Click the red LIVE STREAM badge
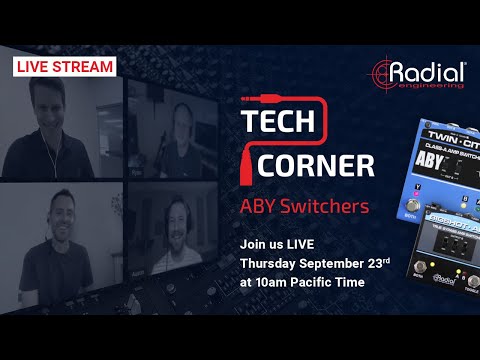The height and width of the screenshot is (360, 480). point(63,67)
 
